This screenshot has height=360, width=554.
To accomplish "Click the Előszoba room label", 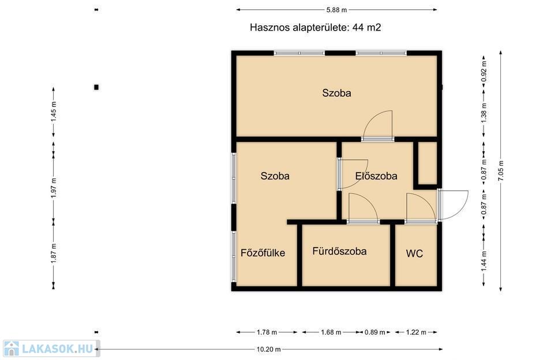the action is tap(376, 176).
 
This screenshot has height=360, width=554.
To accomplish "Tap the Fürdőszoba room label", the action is tap(339, 251).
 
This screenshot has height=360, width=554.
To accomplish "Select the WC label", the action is tap(414, 253).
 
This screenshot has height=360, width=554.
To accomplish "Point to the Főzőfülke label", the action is tap(263, 253).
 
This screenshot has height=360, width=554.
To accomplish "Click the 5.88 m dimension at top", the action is tap(336, 10).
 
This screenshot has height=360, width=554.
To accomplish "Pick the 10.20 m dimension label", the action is tap(268, 350).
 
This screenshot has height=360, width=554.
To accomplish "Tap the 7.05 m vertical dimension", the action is tap(501, 171).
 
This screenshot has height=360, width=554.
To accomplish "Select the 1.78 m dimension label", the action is tap(267, 332).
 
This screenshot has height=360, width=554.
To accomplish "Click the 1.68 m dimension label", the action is tap(331, 332).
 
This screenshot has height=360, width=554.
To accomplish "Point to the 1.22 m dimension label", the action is tap(416, 332).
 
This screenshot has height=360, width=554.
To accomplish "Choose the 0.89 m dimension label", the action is tap(375, 332).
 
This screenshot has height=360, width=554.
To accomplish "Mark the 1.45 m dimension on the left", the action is tap(53, 112).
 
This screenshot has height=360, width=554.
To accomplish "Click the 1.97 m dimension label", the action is tap(53, 188).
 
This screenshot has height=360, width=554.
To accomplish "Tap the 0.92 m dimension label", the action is tap(484, 72).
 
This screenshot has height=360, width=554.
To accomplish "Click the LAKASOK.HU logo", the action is tap(51, 348).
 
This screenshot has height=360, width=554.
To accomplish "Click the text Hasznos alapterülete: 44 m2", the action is tap(315, 27).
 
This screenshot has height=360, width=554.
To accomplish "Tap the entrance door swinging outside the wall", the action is tap(453, 205).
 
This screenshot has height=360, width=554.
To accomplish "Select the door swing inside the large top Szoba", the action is tap(377, 124).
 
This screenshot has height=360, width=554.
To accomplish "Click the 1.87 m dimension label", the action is tap(53, 253).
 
